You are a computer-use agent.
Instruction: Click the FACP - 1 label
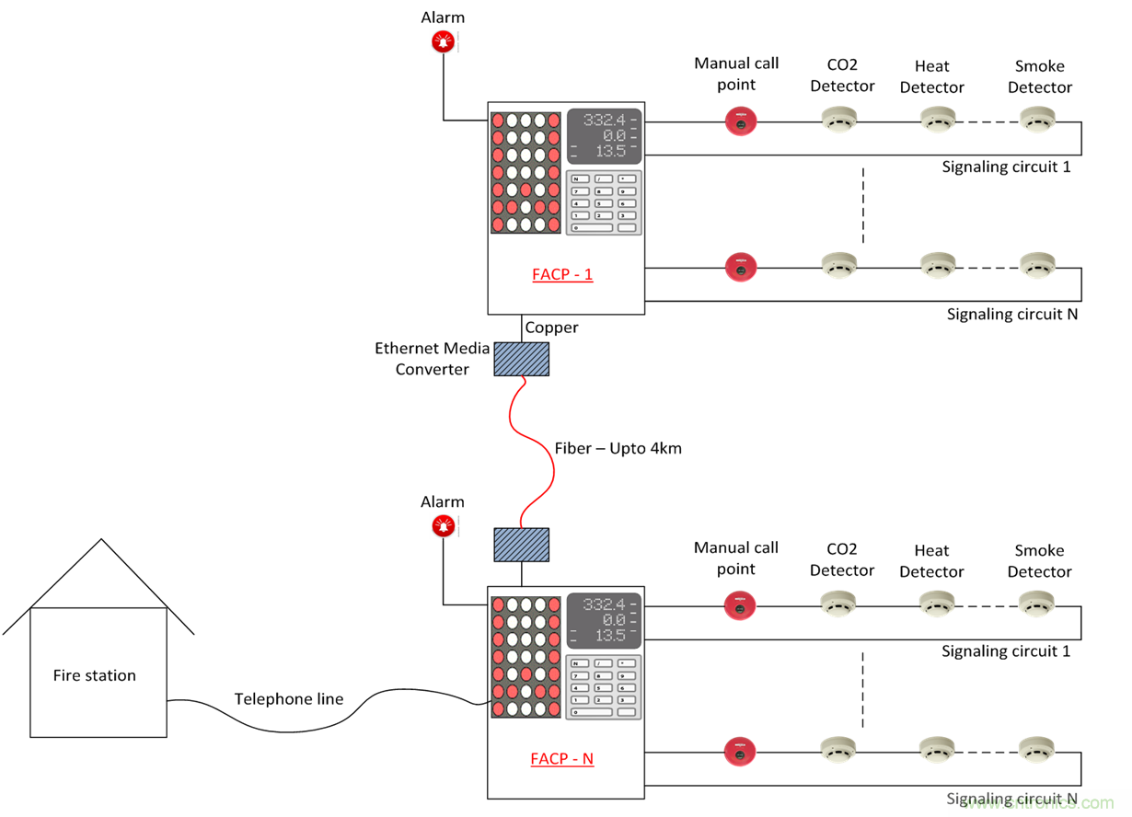tap(562, 274)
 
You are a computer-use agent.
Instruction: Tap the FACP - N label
tap(561, 759)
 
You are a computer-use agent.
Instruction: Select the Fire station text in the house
tap(95, 675)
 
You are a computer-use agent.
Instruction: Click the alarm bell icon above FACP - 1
tap(444, 41)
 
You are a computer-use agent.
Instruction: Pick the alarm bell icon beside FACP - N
tap(444, 526)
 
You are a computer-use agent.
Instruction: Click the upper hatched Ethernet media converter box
tap(522, 359)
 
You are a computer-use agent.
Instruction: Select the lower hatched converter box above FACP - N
tap(522, 545)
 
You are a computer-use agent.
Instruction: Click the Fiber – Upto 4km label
tap(618, 449)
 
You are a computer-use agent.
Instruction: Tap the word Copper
tap(551, 328)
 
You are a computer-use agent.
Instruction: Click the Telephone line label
tap(288, 699)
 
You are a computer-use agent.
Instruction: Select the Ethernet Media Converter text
tap(433, 359)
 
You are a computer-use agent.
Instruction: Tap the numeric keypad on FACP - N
tap(603, 687)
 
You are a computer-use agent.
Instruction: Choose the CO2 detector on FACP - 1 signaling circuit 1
tap(839, 120)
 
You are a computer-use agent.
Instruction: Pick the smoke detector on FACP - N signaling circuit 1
tap(1037, 604)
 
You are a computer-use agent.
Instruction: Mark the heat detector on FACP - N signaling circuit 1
tap(937, 604)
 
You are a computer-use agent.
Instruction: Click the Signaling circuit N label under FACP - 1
tap(1012, 315)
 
